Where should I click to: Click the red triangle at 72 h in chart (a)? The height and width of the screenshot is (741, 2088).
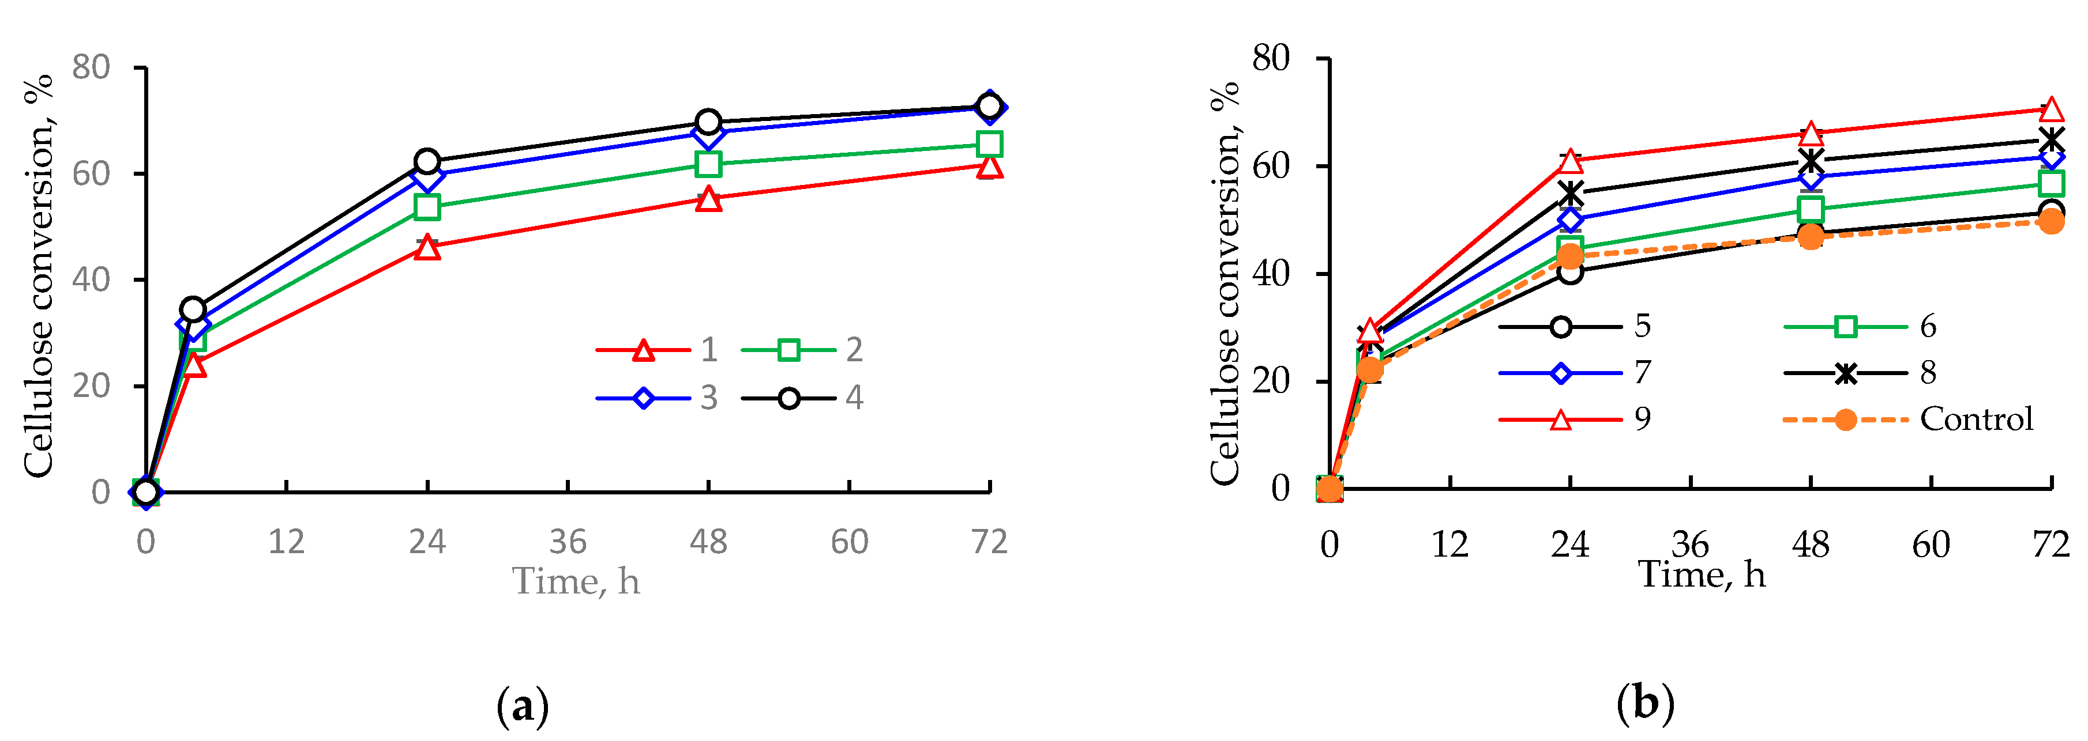(x=989, y=167)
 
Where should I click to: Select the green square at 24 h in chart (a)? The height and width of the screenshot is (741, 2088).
(x=427, y=208)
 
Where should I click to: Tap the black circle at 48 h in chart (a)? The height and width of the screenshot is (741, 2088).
(x=708, y=122)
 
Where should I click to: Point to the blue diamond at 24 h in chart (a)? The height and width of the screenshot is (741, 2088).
(x=427, y=175)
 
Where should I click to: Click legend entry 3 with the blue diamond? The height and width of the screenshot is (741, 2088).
(x=656, y=398)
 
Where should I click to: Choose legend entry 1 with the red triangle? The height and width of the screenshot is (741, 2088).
(x=656, y=350)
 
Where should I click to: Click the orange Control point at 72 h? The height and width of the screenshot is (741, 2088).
(x=2051, y=221)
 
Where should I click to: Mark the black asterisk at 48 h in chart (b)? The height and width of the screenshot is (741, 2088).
(x=1811, y=160)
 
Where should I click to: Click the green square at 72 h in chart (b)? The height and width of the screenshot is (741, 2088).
(x=2051, y=184)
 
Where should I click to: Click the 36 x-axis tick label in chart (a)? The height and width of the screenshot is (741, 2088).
(x=568, y=542)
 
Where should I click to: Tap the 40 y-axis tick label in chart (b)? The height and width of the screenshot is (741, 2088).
(x=1270, y=274)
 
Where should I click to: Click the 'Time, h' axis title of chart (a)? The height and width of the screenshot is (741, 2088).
(x=576, y=581)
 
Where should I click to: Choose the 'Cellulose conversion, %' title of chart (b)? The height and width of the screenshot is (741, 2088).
(x=1225, y=283)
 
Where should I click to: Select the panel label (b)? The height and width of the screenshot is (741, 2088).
(x=1644, y=703)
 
